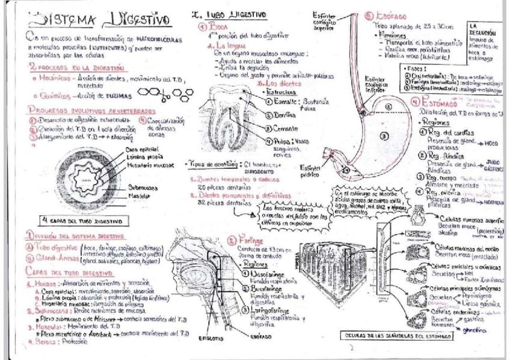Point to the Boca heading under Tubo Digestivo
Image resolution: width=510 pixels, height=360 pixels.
coord(214,27)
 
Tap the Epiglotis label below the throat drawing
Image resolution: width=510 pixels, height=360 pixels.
coord(212,338)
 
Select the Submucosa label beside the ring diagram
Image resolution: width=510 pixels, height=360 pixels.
coord(142,188)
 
